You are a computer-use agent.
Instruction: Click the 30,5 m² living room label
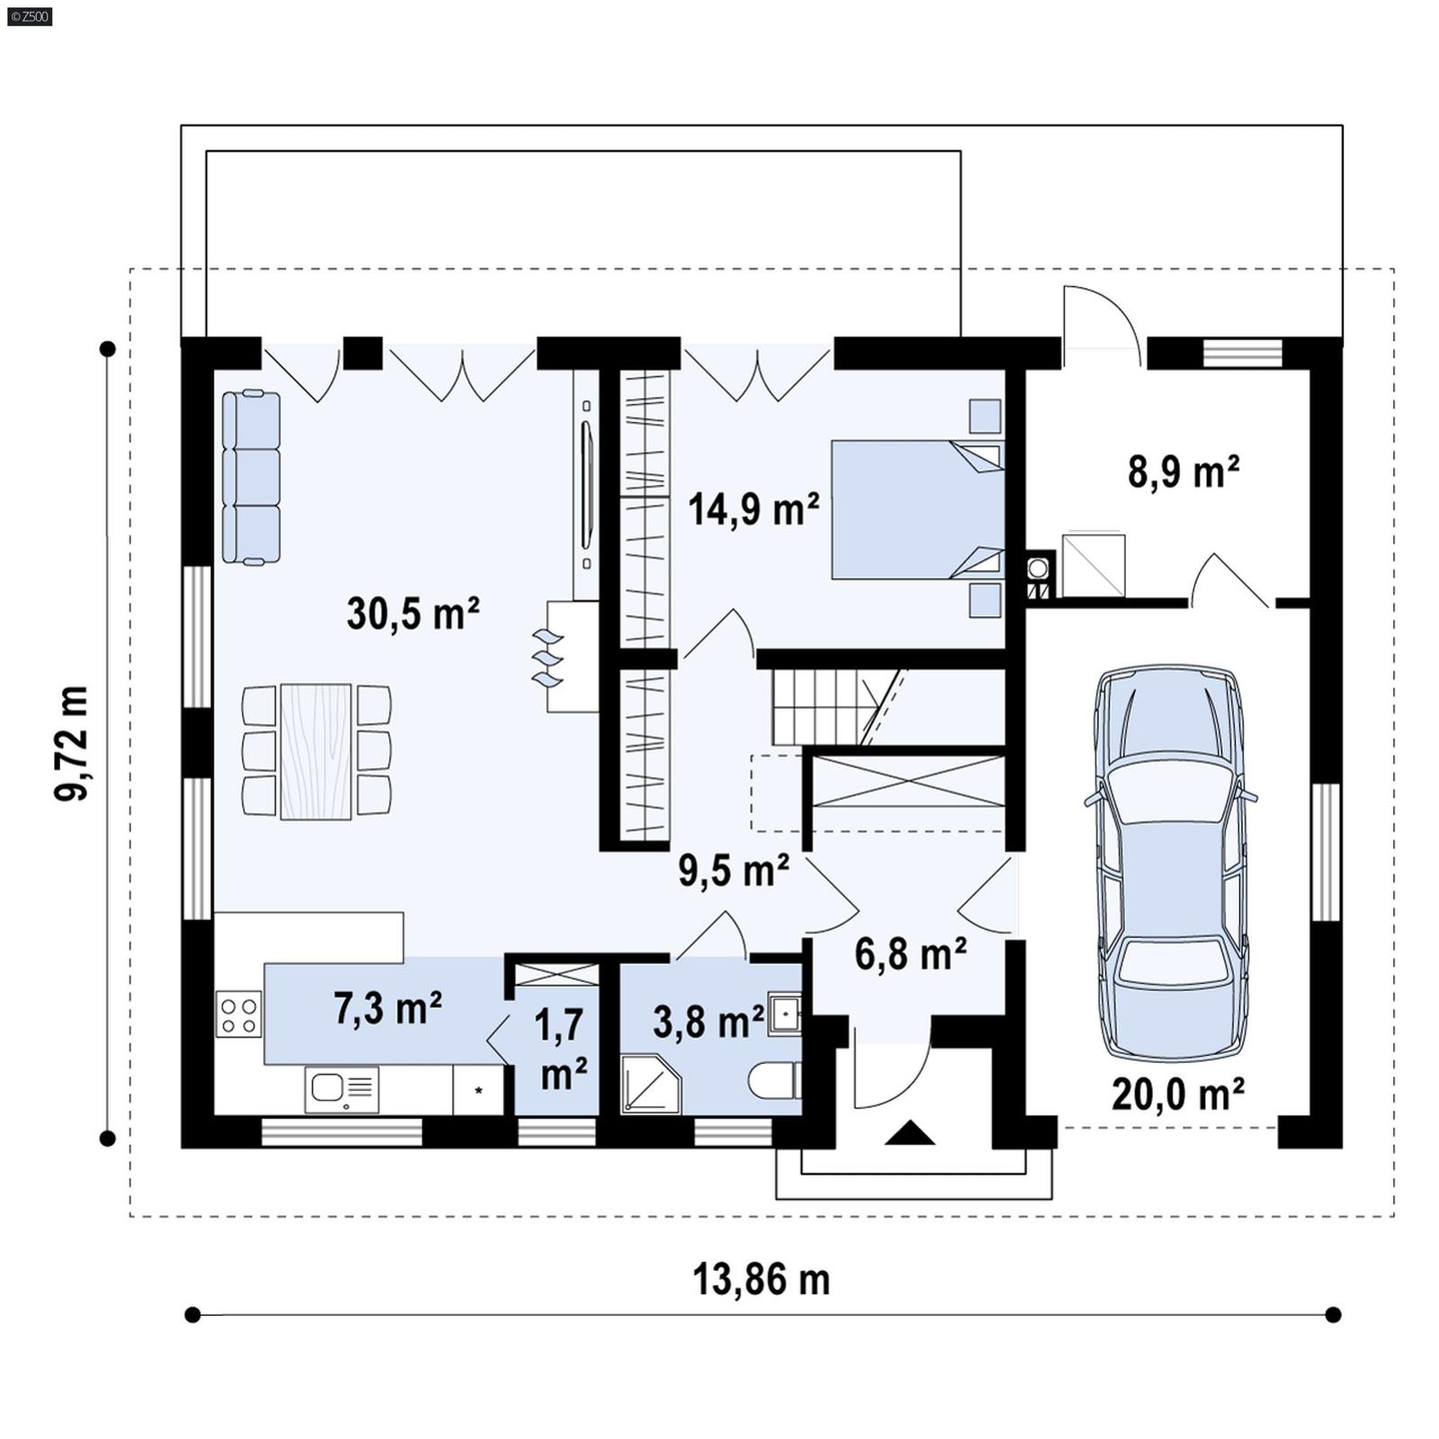coord(413,614)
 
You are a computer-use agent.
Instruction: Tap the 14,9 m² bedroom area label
coord(754,509)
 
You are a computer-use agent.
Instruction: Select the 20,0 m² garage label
coord(1178,1095)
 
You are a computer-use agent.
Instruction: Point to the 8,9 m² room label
coord(1184,471)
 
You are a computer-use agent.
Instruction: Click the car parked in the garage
coord(1172,863)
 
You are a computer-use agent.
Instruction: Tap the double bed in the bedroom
coord(916,509)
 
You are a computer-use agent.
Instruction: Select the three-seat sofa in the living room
coord(251,478)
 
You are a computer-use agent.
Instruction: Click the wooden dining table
coord(316,752)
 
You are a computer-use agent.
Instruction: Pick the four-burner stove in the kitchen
coord(238,1014)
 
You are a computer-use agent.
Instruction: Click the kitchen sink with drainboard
coord(342,1089)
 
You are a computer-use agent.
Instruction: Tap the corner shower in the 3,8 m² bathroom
coord(649,1084)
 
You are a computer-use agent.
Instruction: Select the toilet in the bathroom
coord(775,1081)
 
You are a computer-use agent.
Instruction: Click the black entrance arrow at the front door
coord(909,1133)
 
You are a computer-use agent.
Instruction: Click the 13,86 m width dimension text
coord(761,1279)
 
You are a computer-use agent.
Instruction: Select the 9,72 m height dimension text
coord(71,743)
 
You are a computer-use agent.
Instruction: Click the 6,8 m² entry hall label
coord(910,954)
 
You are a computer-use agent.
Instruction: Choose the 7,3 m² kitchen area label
coord(388,1009)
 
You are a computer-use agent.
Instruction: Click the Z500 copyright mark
coord(29,15)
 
